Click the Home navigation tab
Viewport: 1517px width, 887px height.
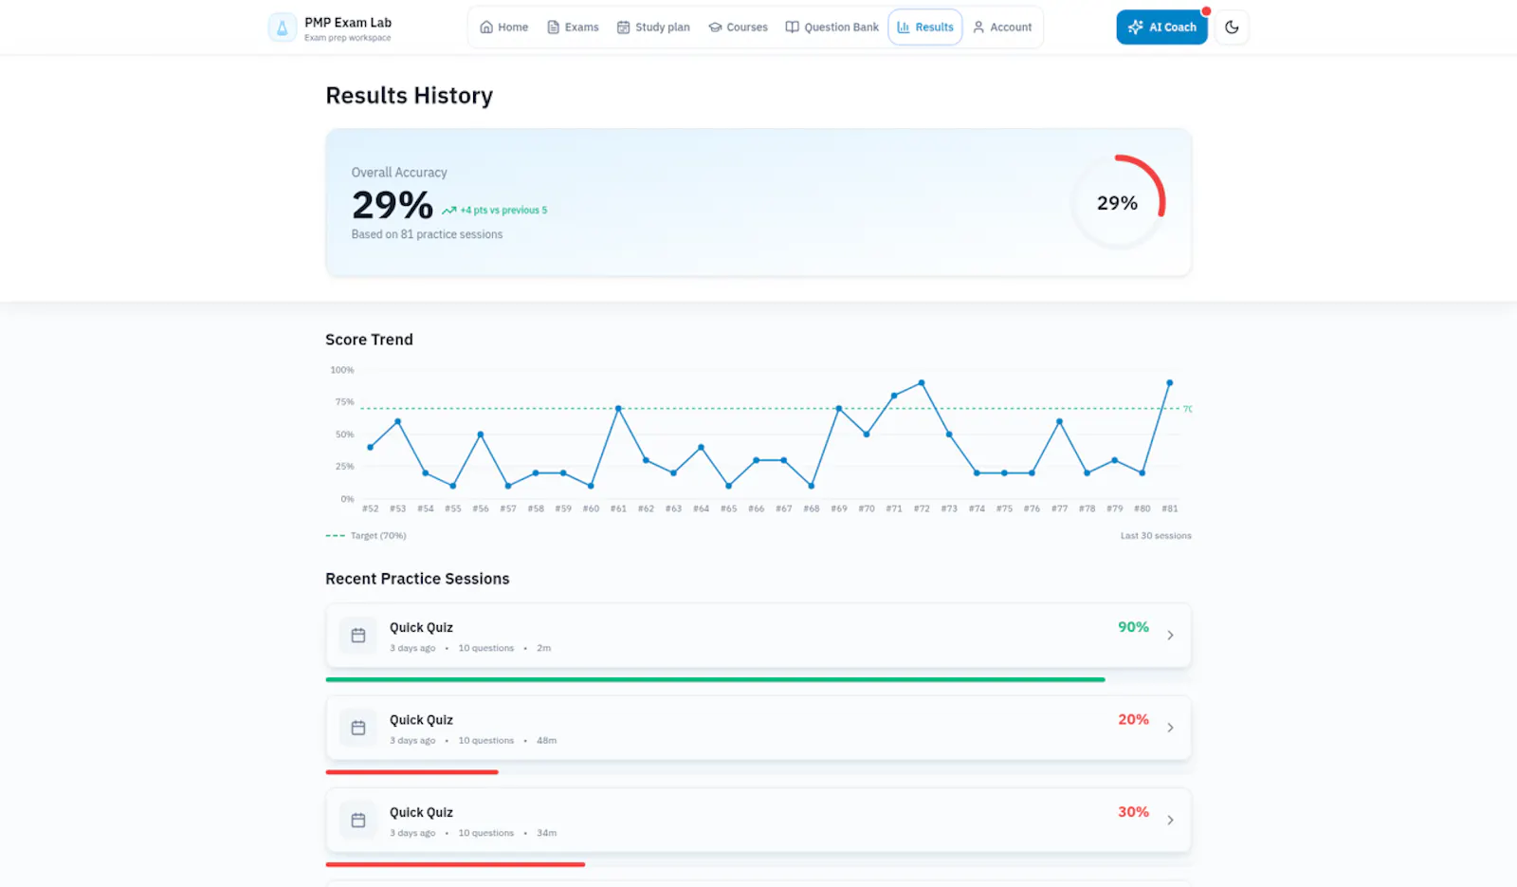tap(503, 28)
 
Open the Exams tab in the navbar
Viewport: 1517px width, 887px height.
tap(573, 28)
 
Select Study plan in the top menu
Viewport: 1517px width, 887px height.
tap(653, 28)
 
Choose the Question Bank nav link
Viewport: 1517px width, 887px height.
tap(832, 28)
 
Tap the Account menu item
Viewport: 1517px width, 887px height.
tap(1002, 28)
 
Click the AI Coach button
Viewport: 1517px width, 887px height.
tap(1161, 28)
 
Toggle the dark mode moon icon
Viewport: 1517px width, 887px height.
tap(1232, 28)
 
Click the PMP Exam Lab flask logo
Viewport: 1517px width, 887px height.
tap(283, 28)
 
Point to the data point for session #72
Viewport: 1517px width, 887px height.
tap(922, 383)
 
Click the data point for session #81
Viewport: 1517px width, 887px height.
tap(1170, 383)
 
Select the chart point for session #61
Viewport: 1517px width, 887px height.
tap(618, 409)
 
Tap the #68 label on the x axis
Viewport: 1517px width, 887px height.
tap(812, 508)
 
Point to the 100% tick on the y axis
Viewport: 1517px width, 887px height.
tap(342, 370)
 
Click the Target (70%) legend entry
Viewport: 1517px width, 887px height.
tap(366, 535)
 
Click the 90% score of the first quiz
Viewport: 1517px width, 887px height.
tap(1133, 627)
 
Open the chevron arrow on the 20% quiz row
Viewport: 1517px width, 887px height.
tap(1170, 728)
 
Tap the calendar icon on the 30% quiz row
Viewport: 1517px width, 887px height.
tap(358, 820)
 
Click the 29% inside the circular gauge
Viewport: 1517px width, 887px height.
tap(1118, 203)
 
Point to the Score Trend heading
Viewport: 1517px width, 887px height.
tap(369, 340)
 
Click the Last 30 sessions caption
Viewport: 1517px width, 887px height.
tap(1156, 535)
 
